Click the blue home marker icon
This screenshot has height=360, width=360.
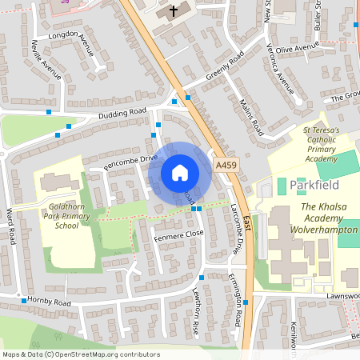click(x=180, y=172)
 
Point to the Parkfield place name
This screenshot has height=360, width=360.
click(x=314, y=185)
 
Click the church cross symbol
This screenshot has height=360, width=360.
click(x=174, y=11)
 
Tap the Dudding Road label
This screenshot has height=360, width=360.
click(x=122, y=114)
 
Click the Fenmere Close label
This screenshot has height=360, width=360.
click(x=178, y=234)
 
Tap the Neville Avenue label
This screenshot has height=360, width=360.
click(x=47, y=59)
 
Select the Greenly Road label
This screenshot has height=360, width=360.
click(x=223, y=72)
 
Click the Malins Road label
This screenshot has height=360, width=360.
click(x=250, y=116)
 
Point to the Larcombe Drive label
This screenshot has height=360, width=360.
click(x=235, y=217)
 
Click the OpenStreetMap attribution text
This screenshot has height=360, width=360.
click(x=80, y=354)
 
